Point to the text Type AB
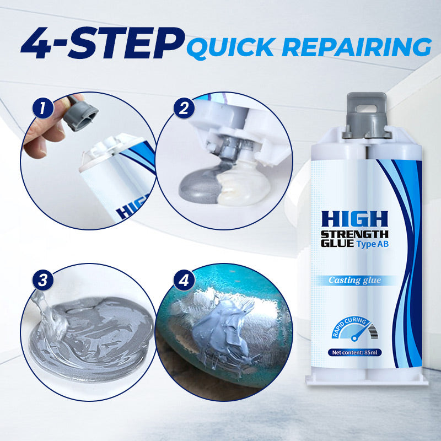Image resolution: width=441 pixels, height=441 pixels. pos(374,245)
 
